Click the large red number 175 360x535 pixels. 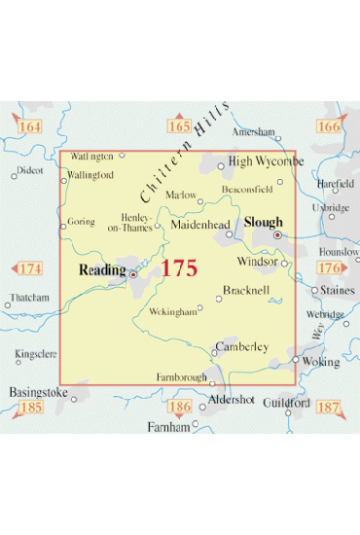(x=180, y=268)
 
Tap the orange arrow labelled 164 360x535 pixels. (x=29, y=126)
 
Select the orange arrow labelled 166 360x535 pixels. (x=329, y=126)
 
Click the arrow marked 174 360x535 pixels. (x=30, y=267)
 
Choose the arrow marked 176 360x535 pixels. (x=330, y=267)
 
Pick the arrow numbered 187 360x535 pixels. (x=330, y=405)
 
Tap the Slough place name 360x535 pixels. (x=263, y=222)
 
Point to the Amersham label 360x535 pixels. (x=255, y=132)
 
